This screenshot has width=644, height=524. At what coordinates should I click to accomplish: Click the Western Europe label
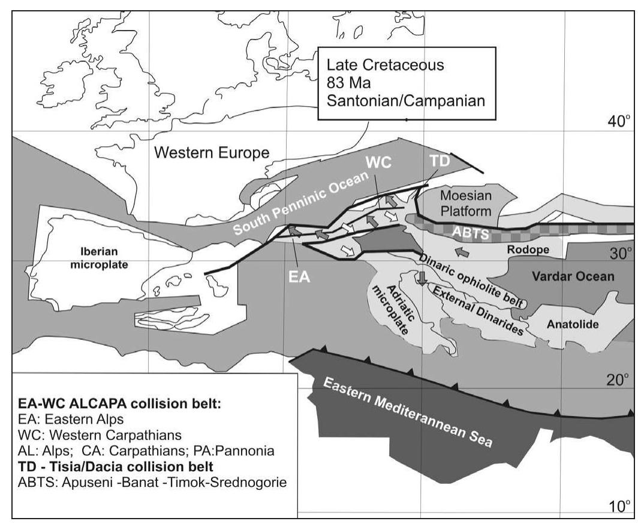click(x=211, y=153)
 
